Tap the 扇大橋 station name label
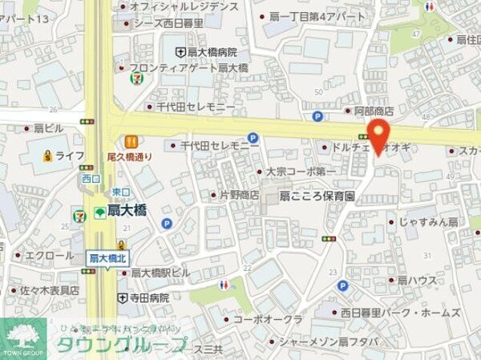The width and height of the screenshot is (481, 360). pyautogui.click(x=126, y=212)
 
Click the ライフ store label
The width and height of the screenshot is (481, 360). pyautogui.click(x=71, y=156)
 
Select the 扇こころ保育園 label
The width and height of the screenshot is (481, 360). pyautogui.click(x=317, y=195)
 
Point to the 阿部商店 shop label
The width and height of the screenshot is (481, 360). pyautogui.click(x=374, y=111)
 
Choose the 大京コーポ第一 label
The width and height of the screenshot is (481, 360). pyautogui.click(x=301, y=171)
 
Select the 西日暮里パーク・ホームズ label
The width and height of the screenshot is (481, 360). pyautogui.click(x=400, y=312)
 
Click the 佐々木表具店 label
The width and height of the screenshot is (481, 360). pyautogui.click(x=50, y=289)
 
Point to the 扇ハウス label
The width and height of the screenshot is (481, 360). pyautogui.click(x=417, y=280)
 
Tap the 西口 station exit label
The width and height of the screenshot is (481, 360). pyautogui.click(x=89, y=178)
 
